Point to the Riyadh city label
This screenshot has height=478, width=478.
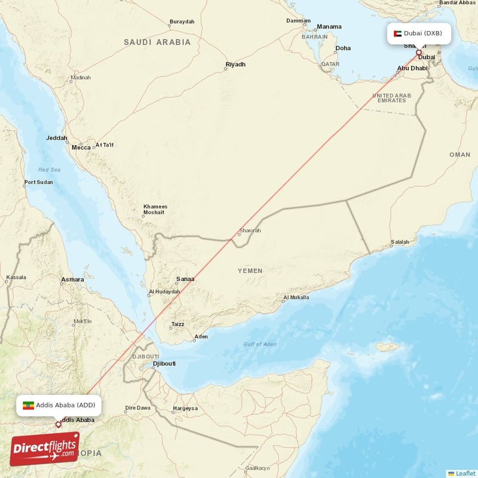pos(235,64)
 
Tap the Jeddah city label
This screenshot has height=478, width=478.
pos(57,138)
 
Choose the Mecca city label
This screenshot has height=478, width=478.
pos(81,147)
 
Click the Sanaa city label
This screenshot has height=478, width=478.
pos(185,279)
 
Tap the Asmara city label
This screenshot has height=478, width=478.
pos(72,279)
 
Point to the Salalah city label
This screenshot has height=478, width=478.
pos(400,242)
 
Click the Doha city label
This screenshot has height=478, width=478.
pos(343,48)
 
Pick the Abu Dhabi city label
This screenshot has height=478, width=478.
pos(413,68)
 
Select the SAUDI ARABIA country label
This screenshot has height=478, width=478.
pos(157,42)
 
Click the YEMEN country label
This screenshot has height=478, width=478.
pos(250,271)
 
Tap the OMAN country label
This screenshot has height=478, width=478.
pos(460,154)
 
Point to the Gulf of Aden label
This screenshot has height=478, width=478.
pos(260,344)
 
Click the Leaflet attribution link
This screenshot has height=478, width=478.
pos(465,473)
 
